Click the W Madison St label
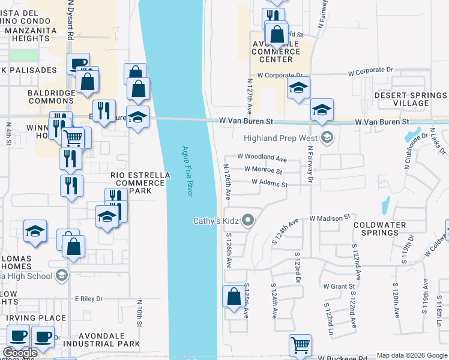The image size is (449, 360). point(330,217)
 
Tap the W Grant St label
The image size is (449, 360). point(339,286)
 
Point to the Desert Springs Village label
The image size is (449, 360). point(411,100)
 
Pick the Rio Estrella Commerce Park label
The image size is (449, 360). point(140,183)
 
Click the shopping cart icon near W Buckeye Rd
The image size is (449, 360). point(300,345)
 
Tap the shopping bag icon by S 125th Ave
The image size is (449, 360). point(233,296)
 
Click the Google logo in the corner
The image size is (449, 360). point(20,353)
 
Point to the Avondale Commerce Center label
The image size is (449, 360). point(276,52)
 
